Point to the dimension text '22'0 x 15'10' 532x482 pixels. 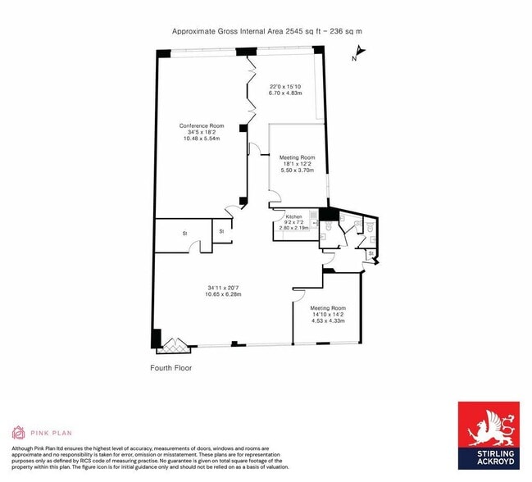click(x=285, y=86)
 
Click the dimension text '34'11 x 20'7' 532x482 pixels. click(x=223, y=288)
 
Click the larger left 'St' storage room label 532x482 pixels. click(x=185, y=234)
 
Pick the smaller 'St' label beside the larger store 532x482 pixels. click(x=221, y=231)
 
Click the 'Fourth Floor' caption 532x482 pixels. click(x=171, y=368)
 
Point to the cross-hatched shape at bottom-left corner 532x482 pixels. click(x=179, y=339)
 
